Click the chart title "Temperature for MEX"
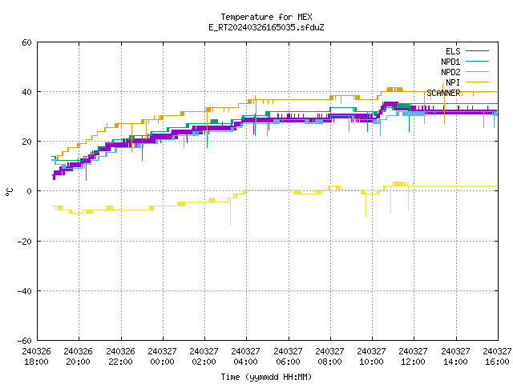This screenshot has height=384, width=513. (266, 17)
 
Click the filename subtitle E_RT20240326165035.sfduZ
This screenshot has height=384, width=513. (266, 27)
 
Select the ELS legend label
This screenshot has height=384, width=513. (453, 51)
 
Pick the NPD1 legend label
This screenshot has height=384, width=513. (450, 62)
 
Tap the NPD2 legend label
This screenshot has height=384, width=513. (450, 72)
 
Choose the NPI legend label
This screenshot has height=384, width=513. (453, 82)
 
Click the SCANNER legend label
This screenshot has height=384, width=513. (443, 93)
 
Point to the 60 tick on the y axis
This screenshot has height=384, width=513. (26, 42)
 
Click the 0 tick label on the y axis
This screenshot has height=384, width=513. (30, 191)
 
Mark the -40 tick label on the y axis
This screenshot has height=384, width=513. (25, 291)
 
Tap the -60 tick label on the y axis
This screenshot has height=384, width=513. (25, 341)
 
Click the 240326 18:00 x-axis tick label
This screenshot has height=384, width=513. (37, 356)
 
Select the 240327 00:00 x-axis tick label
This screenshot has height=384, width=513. (162, 356)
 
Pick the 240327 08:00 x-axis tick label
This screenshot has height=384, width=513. (329, 356)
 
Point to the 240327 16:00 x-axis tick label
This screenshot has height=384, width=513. (497, 356)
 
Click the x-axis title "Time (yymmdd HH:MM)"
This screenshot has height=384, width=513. (266, 377)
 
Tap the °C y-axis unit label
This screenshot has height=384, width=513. (9, 192)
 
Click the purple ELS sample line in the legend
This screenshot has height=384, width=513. (477, 51)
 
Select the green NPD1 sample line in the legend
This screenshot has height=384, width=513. (477, 61)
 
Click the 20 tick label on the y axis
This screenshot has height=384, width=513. (26, 142)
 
